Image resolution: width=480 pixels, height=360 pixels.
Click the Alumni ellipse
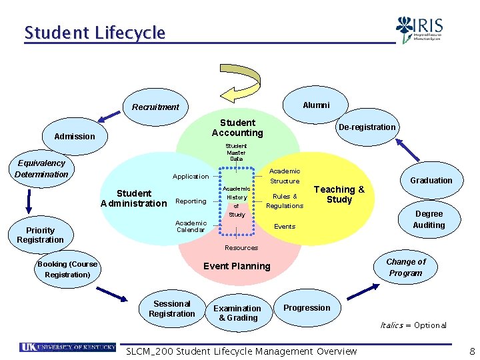tap(315, 105)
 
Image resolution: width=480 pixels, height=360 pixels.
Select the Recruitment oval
tap(155, 107)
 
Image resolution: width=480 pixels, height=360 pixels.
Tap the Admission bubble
tap(75, 136)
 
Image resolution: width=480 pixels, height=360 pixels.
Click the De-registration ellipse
tap(367, 127)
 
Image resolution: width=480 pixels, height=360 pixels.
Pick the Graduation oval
tap(431, 180)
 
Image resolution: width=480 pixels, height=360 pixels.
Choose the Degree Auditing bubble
tap(429, 219)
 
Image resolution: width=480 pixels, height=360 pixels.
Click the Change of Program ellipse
tap(405, 267)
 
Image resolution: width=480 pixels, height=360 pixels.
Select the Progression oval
tap(307, 307)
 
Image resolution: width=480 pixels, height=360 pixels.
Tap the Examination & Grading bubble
tap(237, 313)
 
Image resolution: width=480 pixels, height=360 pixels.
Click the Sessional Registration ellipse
tap(172, 309)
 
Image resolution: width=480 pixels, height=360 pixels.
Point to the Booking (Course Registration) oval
tap(67, 269)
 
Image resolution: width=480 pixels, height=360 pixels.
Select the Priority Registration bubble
tap(41, 235)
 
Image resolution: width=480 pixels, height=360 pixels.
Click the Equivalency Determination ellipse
tap(41, 169)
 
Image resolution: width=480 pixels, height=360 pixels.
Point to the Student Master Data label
tap(236, 152)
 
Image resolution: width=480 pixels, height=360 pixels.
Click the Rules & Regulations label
tap(285, 201)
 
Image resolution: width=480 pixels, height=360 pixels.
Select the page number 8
tap(472, 351)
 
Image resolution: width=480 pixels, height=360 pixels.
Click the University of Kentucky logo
tap(67, 347)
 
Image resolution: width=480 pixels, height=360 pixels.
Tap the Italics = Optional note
tap(413, 325)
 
